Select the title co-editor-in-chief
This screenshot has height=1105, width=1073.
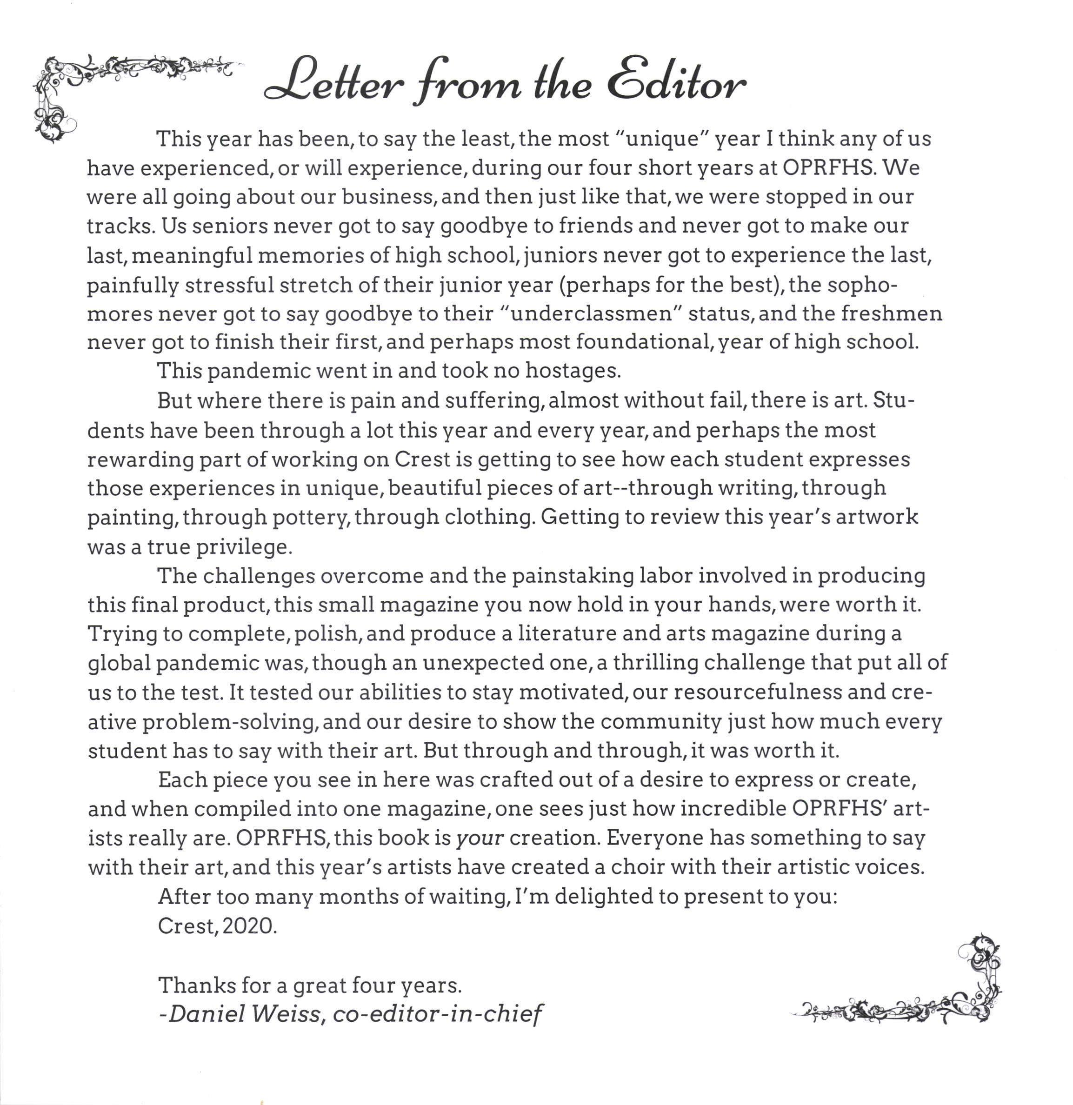coord(437,1014)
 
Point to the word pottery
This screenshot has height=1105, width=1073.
coord(310,518)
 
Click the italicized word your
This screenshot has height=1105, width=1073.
coord(479,839)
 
